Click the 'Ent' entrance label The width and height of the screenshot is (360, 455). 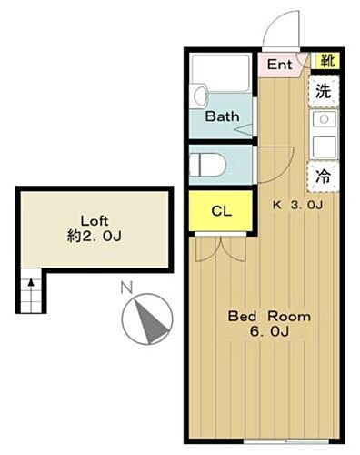(279, 65)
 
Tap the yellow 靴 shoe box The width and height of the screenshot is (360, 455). (325, 62)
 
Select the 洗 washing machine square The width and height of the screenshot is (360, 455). (323, 91)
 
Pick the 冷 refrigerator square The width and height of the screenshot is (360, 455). (324, 177)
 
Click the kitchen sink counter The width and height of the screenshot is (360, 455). (324, 135)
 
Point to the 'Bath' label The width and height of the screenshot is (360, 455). (222, 117)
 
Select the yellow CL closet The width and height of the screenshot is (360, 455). (221, 211)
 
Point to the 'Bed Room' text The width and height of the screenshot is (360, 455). (269, 317)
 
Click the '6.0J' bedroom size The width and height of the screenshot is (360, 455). (270, 332)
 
